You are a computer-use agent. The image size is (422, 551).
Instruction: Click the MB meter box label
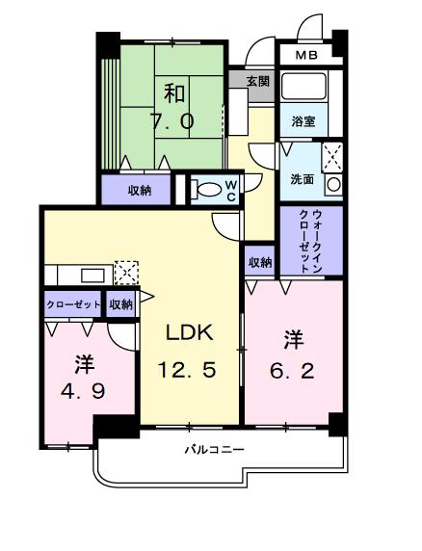pos(306,55)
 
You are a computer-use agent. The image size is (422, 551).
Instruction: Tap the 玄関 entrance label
pos(258,82)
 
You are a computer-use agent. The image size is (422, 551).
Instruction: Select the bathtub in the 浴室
pos(303,86)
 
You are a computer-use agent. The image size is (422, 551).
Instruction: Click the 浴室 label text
pos(303,121)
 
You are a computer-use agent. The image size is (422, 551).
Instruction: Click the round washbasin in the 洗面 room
pos(332,185)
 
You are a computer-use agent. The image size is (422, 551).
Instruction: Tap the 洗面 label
pos(302,179)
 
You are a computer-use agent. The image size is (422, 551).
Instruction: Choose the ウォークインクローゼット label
pos(311,242)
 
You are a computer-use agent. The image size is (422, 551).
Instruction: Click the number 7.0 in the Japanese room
pos(172,121)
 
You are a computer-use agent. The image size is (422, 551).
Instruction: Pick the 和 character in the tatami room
pos(174,93)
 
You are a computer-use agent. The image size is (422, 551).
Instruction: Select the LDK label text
pos(190,332)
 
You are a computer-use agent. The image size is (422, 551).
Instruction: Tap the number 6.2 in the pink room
pos(292,370)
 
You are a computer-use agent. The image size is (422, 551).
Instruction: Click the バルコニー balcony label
pos(214,450)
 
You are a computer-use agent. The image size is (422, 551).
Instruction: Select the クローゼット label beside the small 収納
pos(73,304)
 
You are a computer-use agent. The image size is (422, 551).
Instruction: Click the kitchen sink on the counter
pos(92,275)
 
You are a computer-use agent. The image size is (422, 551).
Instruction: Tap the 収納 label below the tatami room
pos(139,191)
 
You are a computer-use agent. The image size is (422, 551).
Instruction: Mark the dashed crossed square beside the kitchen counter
pos(126,273)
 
